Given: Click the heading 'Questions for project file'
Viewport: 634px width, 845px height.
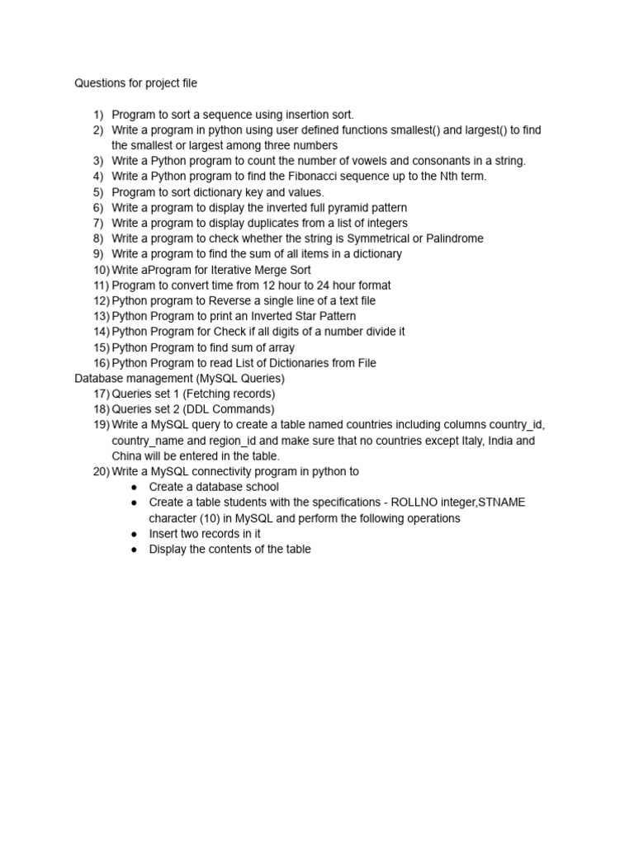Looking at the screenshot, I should (x=136, y=83).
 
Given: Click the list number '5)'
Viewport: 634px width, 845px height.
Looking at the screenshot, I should (x=98, y=192).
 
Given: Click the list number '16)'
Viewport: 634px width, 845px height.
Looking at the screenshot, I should (x=101, y=363).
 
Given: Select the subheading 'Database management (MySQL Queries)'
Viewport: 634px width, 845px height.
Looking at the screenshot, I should (x=179, y=379).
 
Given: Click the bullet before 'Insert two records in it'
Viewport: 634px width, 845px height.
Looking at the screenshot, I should (x=135, y=534).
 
